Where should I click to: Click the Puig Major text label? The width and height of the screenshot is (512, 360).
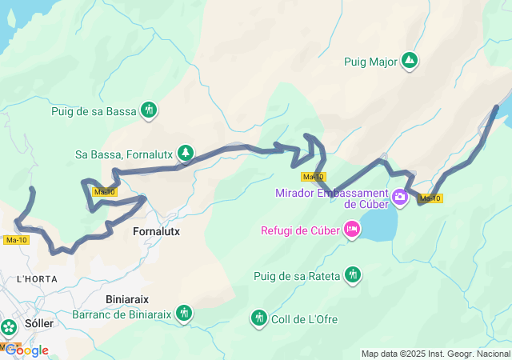point(370,62)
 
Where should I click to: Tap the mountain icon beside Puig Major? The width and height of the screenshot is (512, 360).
point(410,61)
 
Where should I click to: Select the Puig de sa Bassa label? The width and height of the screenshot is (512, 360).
point(94,111)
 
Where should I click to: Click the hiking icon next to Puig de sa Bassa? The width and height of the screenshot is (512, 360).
point(149,110)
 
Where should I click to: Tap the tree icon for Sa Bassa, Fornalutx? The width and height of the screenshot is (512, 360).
point(186,152)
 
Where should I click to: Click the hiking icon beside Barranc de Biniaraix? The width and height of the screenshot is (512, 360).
point(185,312)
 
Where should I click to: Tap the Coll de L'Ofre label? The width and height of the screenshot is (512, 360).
point(305,319)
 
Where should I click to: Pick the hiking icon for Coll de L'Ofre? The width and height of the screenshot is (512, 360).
point(258,318)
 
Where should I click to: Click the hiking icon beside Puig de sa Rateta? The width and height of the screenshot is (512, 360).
point(353,276)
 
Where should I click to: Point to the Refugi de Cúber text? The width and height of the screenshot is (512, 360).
point(300,231)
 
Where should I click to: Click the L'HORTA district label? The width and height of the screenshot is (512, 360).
point(34,279)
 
